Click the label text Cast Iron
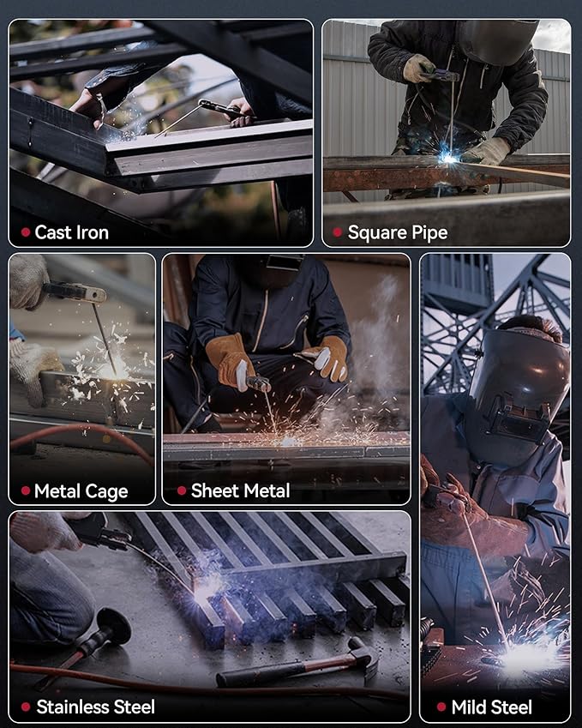(71, 232)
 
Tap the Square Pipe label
(398, 232)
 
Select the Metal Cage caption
(81, 491)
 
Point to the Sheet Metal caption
(240, 491)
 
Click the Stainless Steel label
(95, 707)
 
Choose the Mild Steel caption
(491, 707)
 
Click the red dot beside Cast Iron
(26, 232)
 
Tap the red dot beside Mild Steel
(441, 707)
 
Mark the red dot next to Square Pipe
(337, 232)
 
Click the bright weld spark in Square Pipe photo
(448, 158)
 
